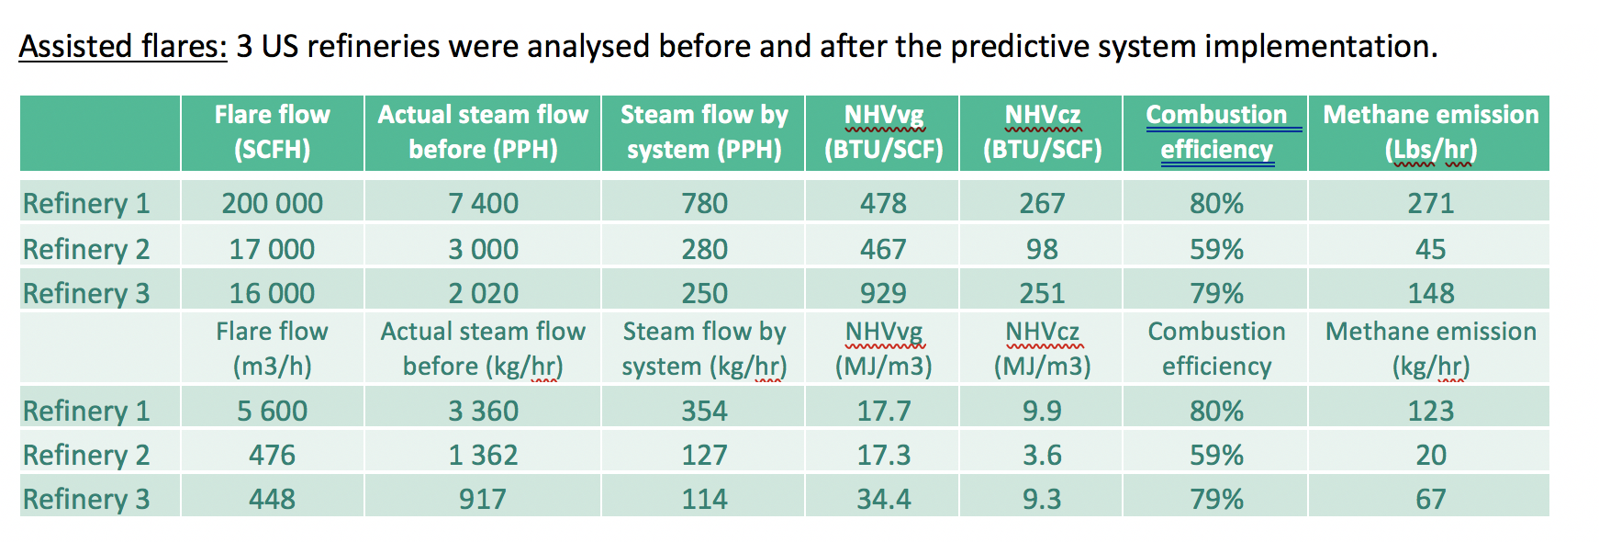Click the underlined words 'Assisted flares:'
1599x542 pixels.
[x=122, y=46]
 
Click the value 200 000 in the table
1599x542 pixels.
[x=272, y=203]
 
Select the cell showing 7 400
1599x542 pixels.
[x=483, y=203]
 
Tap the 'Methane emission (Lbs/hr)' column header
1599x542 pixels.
[x=1430, y=132]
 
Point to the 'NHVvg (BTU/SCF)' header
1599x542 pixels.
[x=883, y=132]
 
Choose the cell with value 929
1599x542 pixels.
[x=883, y=293]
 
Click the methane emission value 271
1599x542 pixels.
[x=1430, y=203]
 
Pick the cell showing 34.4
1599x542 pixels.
[x=883, y=499]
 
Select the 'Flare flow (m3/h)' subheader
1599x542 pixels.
[x=272, y=348]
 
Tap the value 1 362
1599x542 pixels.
[x=483, y=455]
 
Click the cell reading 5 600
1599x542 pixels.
[x=272, y=411]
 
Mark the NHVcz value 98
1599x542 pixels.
[x=1042, y=249]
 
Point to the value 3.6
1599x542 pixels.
[x=1042, y=455]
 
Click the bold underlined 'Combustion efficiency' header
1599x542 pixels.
[x=1216, y=132]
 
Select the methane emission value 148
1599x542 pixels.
[x=1430, y=293]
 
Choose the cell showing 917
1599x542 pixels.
[x=483, y=499]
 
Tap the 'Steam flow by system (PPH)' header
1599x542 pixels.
[x=704, y=132]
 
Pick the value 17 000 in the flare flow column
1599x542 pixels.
[x=272, y=249]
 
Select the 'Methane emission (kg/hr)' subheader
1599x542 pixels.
[x=1430, y=348]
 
